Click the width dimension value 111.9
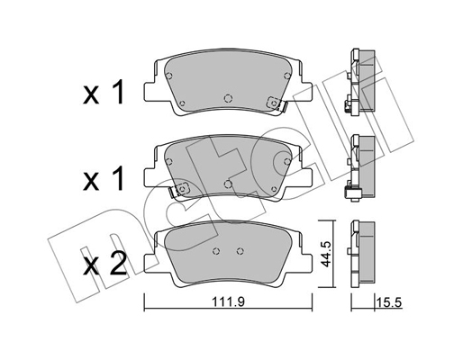(x=229, y=302)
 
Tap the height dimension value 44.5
(x=325, y=254)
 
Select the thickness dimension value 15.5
(x=390, y=302)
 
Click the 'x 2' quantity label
(x=104, y=264)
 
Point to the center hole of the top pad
(x=228, y=98)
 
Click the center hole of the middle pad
(x=228, y=184)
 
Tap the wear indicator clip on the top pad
(x=277, y=103)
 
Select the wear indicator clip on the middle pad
(x=179, y=190)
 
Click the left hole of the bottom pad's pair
(x=215, y=251)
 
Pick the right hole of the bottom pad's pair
(x=240, y=251)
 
